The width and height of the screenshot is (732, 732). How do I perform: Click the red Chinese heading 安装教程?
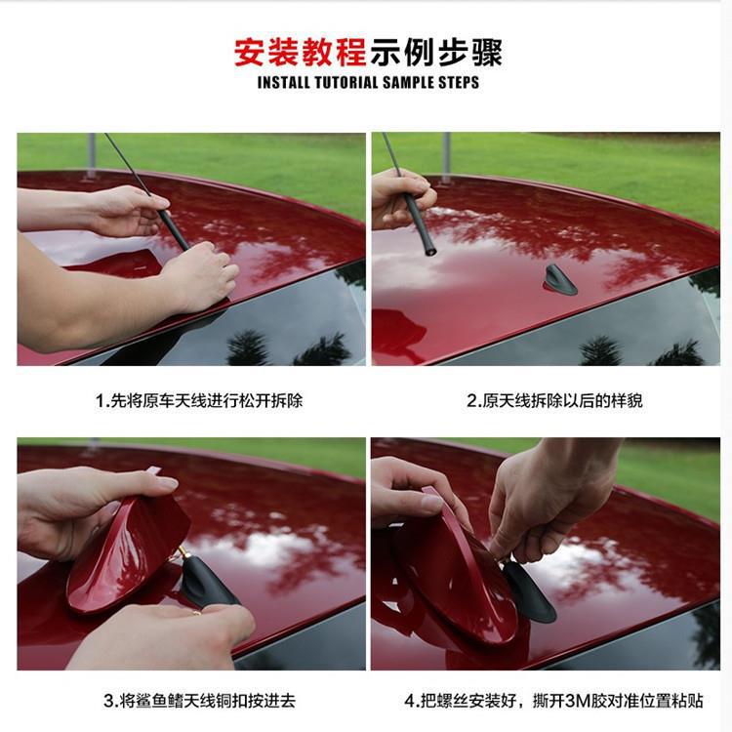click(x=300, y=52)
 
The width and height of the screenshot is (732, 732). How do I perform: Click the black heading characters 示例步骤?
click(x=436, y=52)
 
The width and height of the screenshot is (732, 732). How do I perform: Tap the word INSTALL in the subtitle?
click(x=283, y=83)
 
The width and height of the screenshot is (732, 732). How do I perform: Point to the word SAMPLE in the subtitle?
click(x=408, y=83)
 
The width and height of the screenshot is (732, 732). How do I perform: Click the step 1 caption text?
click(x=199, y=400)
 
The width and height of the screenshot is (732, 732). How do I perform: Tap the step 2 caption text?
click(x=554, y=400)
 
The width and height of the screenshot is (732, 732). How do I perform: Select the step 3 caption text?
click(x=199, y=700)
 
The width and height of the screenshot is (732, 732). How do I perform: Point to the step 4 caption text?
click(x=553, y=700)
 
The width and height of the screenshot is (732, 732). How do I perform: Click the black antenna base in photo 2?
click(x=559, y=279)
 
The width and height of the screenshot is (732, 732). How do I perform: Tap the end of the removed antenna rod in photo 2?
click(x=430, y=252)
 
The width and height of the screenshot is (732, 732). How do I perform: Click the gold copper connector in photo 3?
click(x=181, y=554)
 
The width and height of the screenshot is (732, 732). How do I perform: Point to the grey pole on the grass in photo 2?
click(x=446, y=158)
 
